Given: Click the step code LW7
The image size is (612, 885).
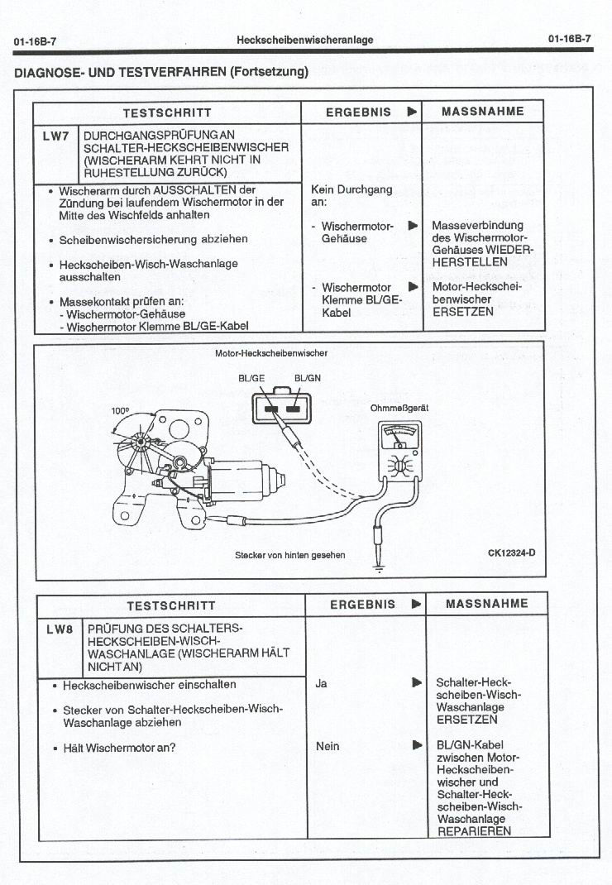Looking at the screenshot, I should tap(55, 136).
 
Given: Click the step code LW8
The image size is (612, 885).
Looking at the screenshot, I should tap(60, 629).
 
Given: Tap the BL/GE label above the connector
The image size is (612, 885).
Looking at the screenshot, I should tap(251, 379).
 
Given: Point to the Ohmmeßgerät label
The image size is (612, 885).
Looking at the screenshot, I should tap(399, 408).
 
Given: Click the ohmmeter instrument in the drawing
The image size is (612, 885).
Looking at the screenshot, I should tap(399, 452).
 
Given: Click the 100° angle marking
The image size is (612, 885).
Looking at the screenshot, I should tap(121, 410).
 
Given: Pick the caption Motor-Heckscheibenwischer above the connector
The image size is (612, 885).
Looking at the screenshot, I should tap(270, 353).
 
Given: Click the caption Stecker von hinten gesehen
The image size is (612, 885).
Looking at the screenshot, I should tap(290, 555).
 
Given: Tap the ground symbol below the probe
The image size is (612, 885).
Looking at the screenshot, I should tap(379, 568).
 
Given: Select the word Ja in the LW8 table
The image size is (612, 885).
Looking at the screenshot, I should tap(321, 683).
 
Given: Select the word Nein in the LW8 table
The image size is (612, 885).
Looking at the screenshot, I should tap(328, 746).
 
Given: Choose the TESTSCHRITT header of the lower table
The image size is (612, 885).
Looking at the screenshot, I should tap(170, 605).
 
